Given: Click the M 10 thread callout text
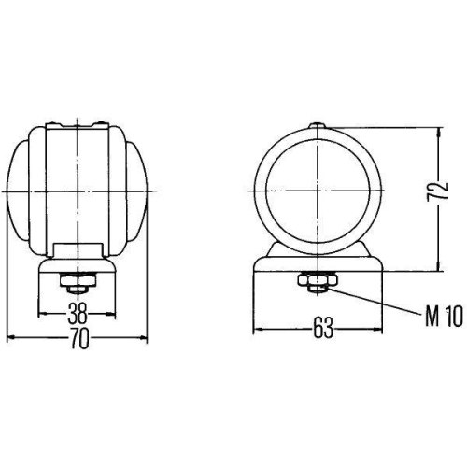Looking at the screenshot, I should tap(443, 319).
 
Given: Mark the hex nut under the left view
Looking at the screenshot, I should tap(76, 281).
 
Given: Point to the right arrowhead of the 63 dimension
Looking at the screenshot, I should tap(378, 328).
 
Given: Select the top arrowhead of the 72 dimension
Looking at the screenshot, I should tap(437, 132).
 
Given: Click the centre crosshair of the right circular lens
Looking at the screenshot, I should tap(318, 188).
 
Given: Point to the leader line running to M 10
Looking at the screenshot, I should tap(374, 303).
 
